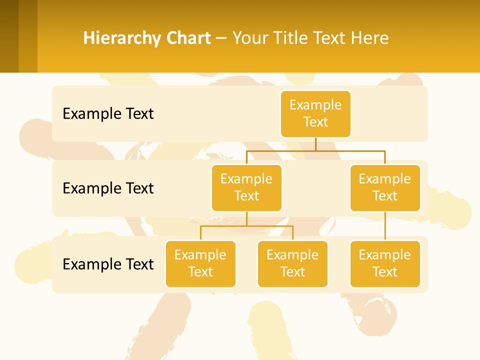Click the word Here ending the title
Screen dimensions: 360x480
tap(370, 38)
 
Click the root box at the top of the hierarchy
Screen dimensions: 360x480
tap(315, 114)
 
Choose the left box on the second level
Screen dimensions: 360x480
tap(246, 188)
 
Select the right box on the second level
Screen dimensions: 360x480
tap(385, 188)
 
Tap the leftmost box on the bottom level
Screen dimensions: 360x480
tap(200, 264)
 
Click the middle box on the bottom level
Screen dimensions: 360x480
tap(292, 264)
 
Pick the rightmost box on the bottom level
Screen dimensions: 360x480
tap(385, 264)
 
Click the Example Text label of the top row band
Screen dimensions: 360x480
tap(108, 114)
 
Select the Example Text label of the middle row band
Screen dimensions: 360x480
tap(108, 188)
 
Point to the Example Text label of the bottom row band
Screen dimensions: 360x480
tap(108, 264)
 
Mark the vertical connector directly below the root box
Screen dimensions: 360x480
tap(315, 144)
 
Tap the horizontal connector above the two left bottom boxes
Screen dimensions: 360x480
tap(246, 226)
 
